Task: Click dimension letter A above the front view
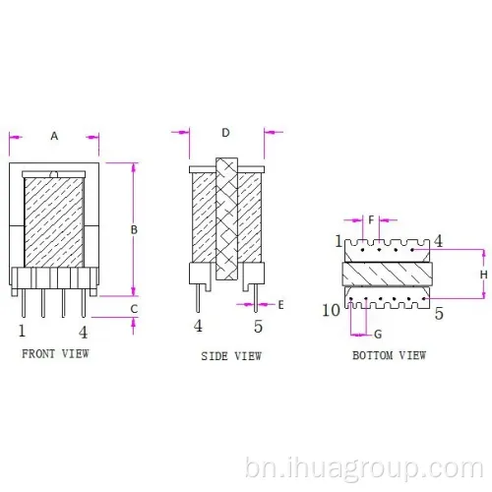coord(54,136)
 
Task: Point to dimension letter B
coord(134,230)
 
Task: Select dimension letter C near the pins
coord(134,309)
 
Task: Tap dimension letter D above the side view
coord(225,133)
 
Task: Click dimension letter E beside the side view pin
coord(280,305)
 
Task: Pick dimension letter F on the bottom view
coord(371,219)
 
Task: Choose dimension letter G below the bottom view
coord(378,335)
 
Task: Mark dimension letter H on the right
coord(484,275)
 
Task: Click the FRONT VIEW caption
coord(55,354)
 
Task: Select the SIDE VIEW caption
coord(231,356)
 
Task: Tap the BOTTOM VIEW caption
coord(390,355)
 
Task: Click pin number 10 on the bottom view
coord(331,310)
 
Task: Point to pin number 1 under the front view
coord(22,331)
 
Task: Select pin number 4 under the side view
coord(198,326)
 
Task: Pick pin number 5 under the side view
coord(258,327)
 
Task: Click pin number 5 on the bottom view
coord(439,314)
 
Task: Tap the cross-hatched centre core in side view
coord(226,218)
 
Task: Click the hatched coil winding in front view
coord(54,222)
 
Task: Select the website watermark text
coord(364,469)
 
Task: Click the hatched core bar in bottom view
coord(387,274)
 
